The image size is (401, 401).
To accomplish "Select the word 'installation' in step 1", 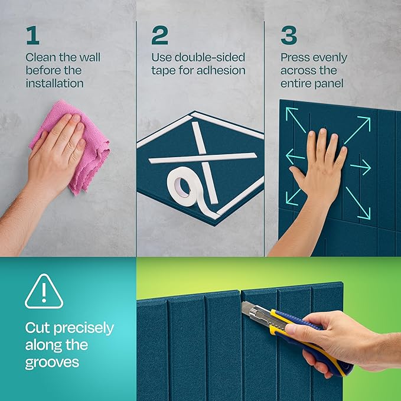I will tap(54, 83).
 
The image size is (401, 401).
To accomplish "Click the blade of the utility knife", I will tap(249, 307).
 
